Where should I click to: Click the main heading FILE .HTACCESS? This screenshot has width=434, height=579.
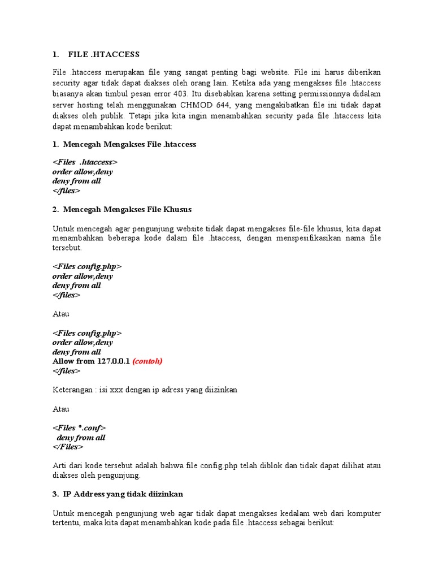pos(103,55)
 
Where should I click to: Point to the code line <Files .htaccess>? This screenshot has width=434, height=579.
pos(85,162)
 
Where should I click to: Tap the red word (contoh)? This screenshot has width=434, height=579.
pos(147,361)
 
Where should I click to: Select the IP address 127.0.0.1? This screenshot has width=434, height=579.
pos(112,361)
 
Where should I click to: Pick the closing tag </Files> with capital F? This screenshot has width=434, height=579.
pos(68,447)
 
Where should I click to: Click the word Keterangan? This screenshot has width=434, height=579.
pos(72,390)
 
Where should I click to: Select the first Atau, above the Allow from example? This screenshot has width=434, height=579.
pos(61,313)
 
